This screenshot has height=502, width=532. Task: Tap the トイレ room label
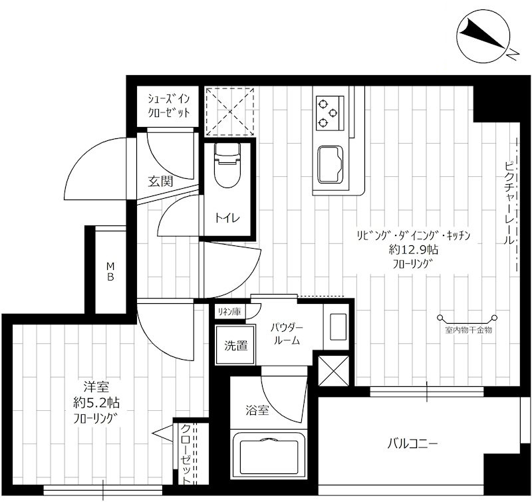point(227,218)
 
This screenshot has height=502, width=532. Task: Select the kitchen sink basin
point(330,165)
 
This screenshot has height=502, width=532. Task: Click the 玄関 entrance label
point(160,182)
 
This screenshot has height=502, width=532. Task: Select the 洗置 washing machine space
point(235,345)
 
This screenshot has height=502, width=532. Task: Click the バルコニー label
point(412,443)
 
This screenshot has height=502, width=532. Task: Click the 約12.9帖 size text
point(413,250)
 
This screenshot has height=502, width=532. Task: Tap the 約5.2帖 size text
point(96,403)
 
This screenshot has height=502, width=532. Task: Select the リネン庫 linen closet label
point(229,311)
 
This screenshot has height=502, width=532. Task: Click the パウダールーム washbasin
point(337,326)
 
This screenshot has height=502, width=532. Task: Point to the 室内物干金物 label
point(468,330)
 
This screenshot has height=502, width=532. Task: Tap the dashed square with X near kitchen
point(229,112)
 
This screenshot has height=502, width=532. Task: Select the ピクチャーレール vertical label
point(509,203)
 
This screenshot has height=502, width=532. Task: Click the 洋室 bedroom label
point(96,386)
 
